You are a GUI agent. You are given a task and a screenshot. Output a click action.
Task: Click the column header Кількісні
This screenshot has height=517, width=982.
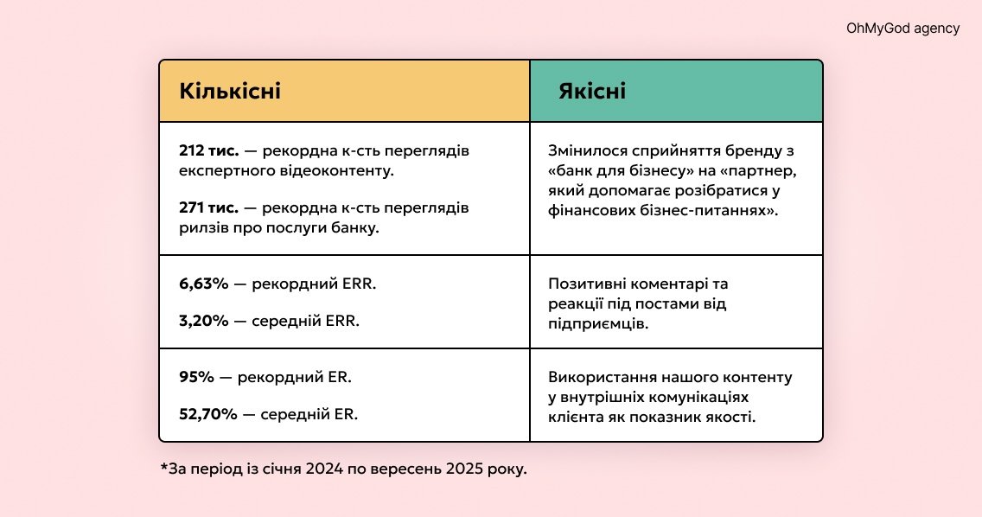pos(230,91)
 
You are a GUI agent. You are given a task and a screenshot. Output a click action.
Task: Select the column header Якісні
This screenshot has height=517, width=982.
pos(592,91)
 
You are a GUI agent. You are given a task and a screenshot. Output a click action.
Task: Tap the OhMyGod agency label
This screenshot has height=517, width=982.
pos(902,29)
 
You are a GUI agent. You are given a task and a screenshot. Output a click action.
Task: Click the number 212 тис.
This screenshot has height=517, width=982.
pos(208,151)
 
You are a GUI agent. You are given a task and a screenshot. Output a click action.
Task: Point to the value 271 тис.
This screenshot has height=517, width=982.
pos(208,208)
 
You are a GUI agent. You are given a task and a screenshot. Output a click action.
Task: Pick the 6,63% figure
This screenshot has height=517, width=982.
pos(203,284)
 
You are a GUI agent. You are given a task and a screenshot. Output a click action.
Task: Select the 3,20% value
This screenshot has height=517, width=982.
pos(203,321)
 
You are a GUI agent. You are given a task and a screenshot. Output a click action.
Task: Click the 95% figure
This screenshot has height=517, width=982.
pos(196,377)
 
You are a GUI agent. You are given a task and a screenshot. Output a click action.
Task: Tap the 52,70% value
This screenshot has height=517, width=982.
pos(208,414)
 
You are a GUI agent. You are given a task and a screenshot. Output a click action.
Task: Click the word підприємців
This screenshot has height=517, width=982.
pos(598,324)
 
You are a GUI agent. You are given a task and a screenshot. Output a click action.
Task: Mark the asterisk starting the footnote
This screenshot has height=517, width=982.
pos(165,467)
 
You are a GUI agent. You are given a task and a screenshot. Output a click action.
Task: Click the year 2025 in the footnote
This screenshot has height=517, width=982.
pos(464,469)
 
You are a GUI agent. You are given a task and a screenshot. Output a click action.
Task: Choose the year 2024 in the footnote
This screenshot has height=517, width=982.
pos(324,469)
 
